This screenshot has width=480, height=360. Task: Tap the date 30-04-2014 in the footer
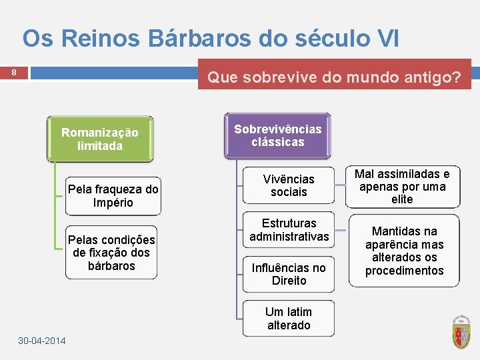(42, 341)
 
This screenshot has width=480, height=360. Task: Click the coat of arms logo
(461, 331)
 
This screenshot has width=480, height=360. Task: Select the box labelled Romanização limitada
(100, 139)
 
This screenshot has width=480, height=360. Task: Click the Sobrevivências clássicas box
(278, 135)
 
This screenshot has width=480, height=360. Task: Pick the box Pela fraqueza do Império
(113, 196)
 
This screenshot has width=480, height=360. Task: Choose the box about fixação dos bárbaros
(111, 253)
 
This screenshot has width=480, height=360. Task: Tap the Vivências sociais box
(289, 186)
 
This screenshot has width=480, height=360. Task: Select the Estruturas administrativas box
(289, 230)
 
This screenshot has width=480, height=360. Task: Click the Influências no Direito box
(289, 274)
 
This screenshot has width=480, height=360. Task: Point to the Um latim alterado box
(289, 319)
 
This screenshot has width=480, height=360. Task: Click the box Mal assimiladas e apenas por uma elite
(403, 187)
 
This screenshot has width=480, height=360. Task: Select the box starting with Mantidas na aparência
(405, 251)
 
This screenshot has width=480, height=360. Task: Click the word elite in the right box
(403, 199)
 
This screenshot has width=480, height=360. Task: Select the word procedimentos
(405, 271)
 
